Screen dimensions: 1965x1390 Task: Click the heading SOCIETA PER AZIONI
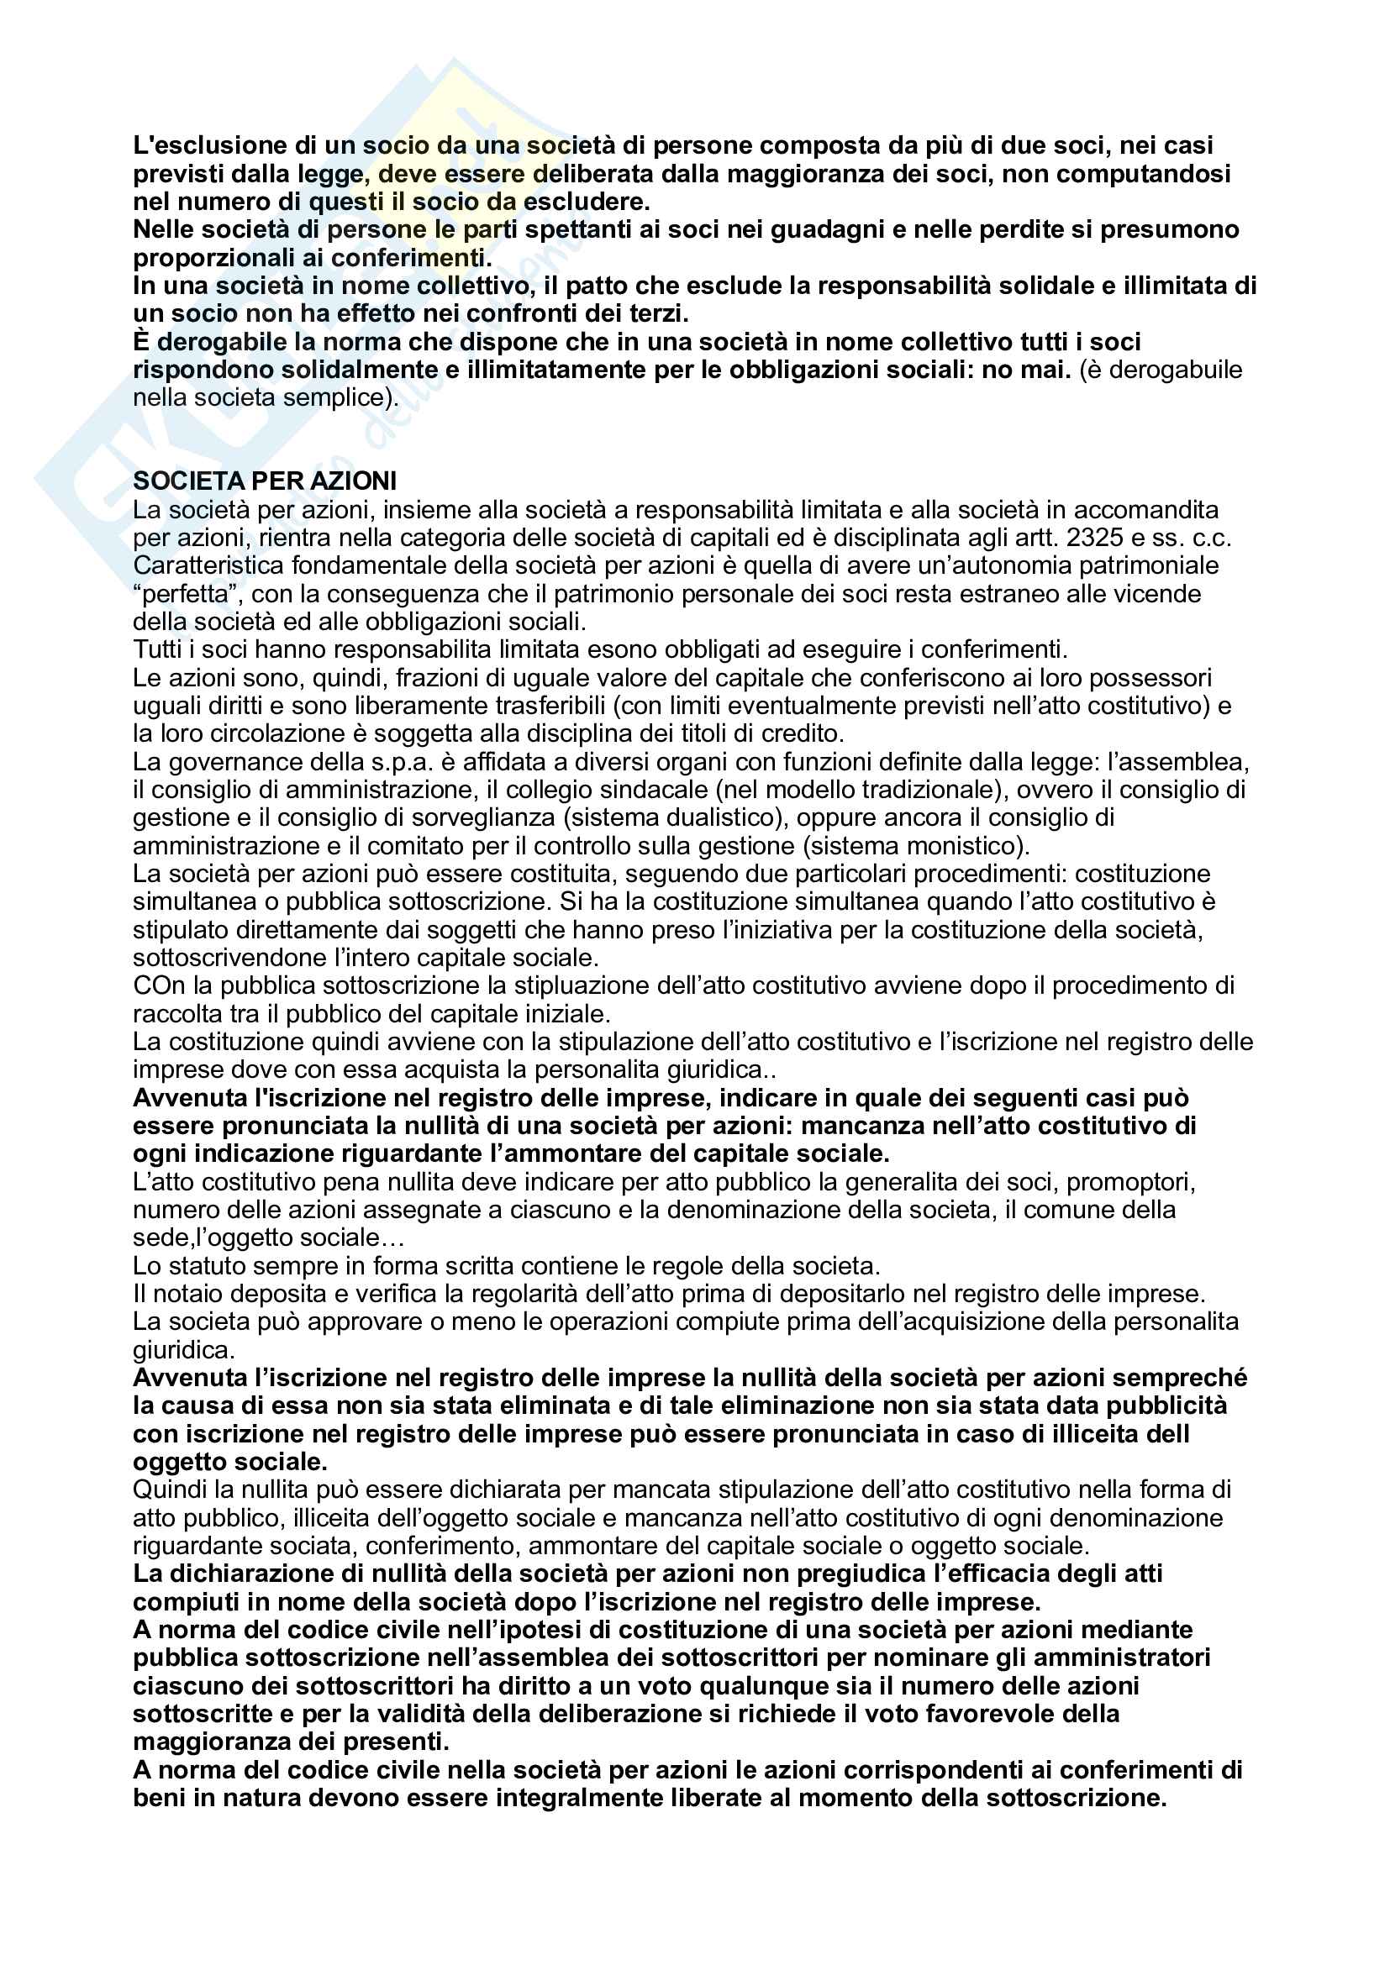[x=265, y=481]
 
